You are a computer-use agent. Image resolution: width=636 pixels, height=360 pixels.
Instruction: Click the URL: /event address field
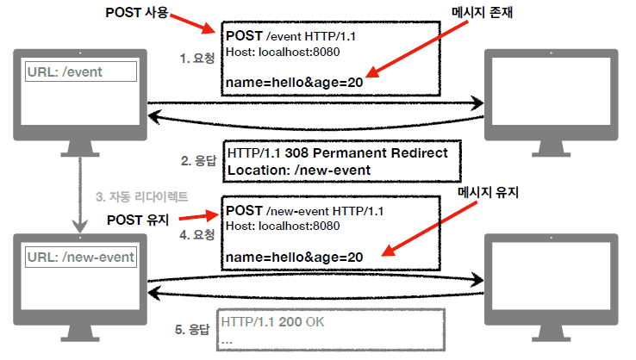pos(81,71)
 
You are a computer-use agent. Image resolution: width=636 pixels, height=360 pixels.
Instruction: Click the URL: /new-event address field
pos(80,257)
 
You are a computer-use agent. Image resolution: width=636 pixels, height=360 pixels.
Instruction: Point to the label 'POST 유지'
pos(144,219)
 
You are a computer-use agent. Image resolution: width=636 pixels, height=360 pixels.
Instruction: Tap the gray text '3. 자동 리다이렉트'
pos(141,196)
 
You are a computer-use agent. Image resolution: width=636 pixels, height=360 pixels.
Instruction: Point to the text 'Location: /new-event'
pos(299,170)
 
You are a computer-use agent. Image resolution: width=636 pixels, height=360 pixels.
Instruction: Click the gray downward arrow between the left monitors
pos(79,195)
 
